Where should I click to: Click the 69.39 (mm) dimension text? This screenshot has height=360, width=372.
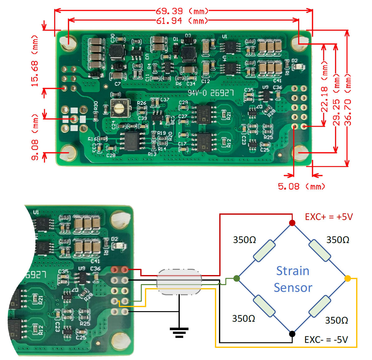[x=182, y=11]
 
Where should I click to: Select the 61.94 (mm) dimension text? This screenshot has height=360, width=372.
[x=182, y=21]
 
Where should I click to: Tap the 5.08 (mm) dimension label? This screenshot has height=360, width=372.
[x=301, y=186]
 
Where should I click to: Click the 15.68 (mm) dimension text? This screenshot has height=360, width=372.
[x=35, y=61]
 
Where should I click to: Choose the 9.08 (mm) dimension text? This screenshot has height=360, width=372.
[x=35, y=137]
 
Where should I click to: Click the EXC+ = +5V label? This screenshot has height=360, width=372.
[x=329, y=217]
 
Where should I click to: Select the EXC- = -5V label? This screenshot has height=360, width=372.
[x=326, y=339]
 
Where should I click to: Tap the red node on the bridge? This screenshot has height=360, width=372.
[x=292, y=223]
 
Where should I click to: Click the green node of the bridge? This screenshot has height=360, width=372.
[x=236, y=278]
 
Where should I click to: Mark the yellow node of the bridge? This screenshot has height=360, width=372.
[x=348, y=278]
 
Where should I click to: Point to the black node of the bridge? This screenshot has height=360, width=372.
[x=292, y=334]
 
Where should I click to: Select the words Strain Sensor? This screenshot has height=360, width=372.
[x=293, y=279]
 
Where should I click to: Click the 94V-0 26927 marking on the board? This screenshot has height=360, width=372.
[x=211, y=93]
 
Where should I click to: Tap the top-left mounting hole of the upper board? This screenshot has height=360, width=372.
[x=68, y=43]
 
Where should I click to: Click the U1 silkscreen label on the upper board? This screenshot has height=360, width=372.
[x=225, y=37]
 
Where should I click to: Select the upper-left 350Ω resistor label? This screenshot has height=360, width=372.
[x=244, y=240]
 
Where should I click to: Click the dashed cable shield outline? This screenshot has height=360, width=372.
[x=179, y=282]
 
